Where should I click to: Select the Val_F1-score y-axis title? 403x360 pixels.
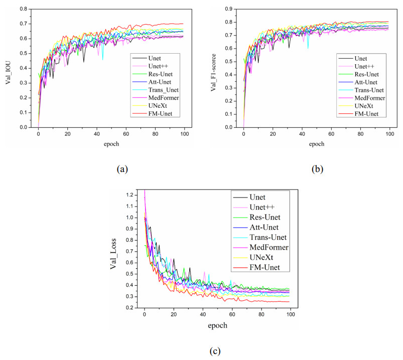tap(214, 68)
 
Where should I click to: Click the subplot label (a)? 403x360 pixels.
tap(121, 169)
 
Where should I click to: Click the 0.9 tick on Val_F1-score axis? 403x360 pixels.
tap(228, 9)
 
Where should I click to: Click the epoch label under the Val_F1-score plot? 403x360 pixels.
tap(317, 144)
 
